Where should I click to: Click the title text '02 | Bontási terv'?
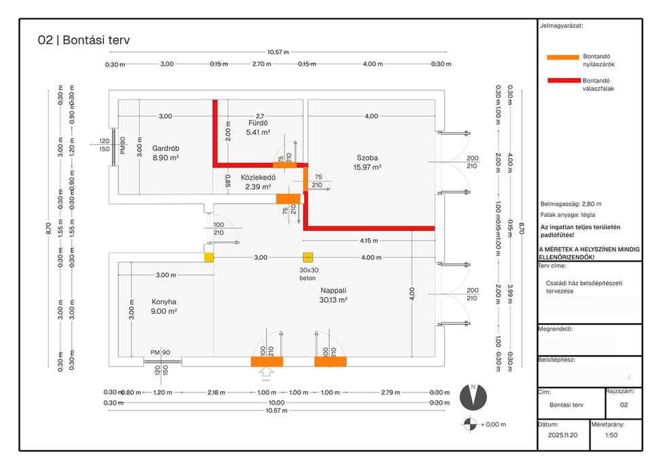(84, 40)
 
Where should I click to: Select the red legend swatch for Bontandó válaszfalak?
(562, 81)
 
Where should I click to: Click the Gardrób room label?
(166, 148)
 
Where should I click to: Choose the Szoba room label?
(366, 157)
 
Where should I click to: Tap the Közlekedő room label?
(256, 178)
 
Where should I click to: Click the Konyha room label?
(164, 302)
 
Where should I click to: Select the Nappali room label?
(334, 289)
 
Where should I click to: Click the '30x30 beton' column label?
(309, 273)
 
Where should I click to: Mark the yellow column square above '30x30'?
(309, 258)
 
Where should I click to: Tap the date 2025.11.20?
(563, 436)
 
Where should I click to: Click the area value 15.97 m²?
(366, 167)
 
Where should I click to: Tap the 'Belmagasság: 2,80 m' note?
(571, 203)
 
